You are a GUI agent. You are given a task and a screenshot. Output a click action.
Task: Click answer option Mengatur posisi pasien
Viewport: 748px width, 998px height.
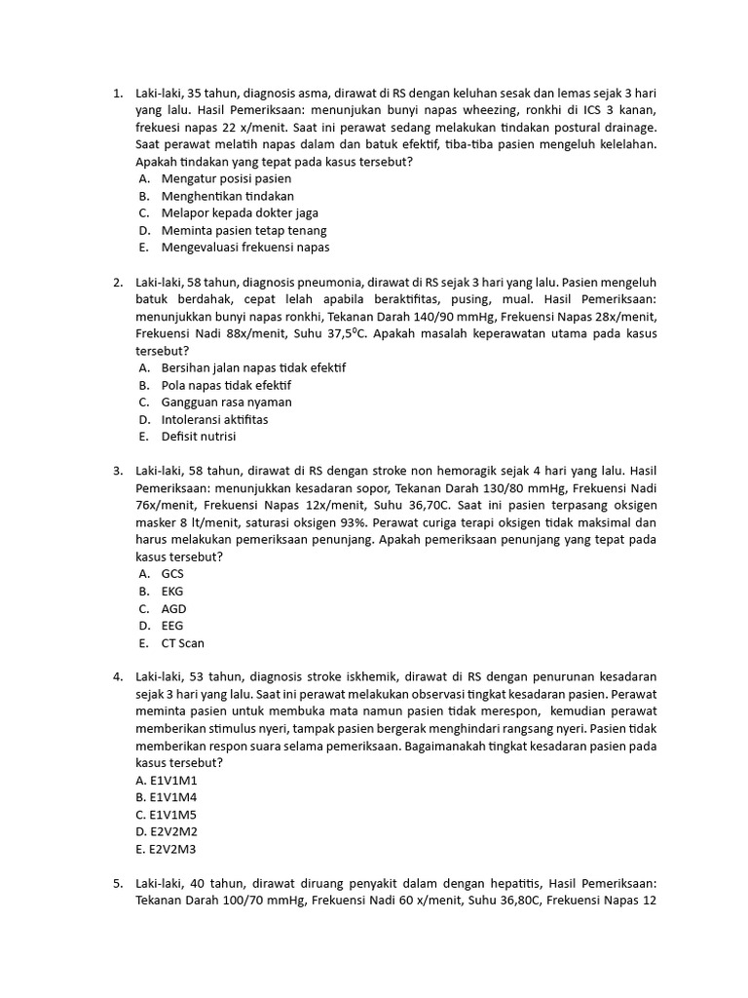[226, 179]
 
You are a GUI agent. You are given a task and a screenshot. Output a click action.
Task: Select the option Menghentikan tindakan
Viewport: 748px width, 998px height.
[228, 196]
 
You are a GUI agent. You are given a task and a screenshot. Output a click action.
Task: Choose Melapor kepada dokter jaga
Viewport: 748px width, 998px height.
[240, 213]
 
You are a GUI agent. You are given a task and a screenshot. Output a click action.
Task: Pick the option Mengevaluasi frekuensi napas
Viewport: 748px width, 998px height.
[245, 248]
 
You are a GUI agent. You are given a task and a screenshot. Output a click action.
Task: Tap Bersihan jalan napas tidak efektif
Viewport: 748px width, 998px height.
[253, 368]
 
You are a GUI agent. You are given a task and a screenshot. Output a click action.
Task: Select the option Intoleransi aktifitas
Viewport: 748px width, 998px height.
[214, 420]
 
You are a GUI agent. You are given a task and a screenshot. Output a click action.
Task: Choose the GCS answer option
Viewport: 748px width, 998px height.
[172, 574]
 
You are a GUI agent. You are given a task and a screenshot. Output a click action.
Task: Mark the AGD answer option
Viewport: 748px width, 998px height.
[173, 609]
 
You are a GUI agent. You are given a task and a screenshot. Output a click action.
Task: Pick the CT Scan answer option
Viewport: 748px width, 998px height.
[183, 643]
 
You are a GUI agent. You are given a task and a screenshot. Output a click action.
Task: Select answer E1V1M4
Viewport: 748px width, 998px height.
[167, 797]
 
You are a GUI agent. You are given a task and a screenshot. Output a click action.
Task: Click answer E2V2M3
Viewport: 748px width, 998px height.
[167, 849]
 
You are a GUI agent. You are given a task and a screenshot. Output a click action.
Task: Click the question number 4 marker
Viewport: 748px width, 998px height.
[117, 676]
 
